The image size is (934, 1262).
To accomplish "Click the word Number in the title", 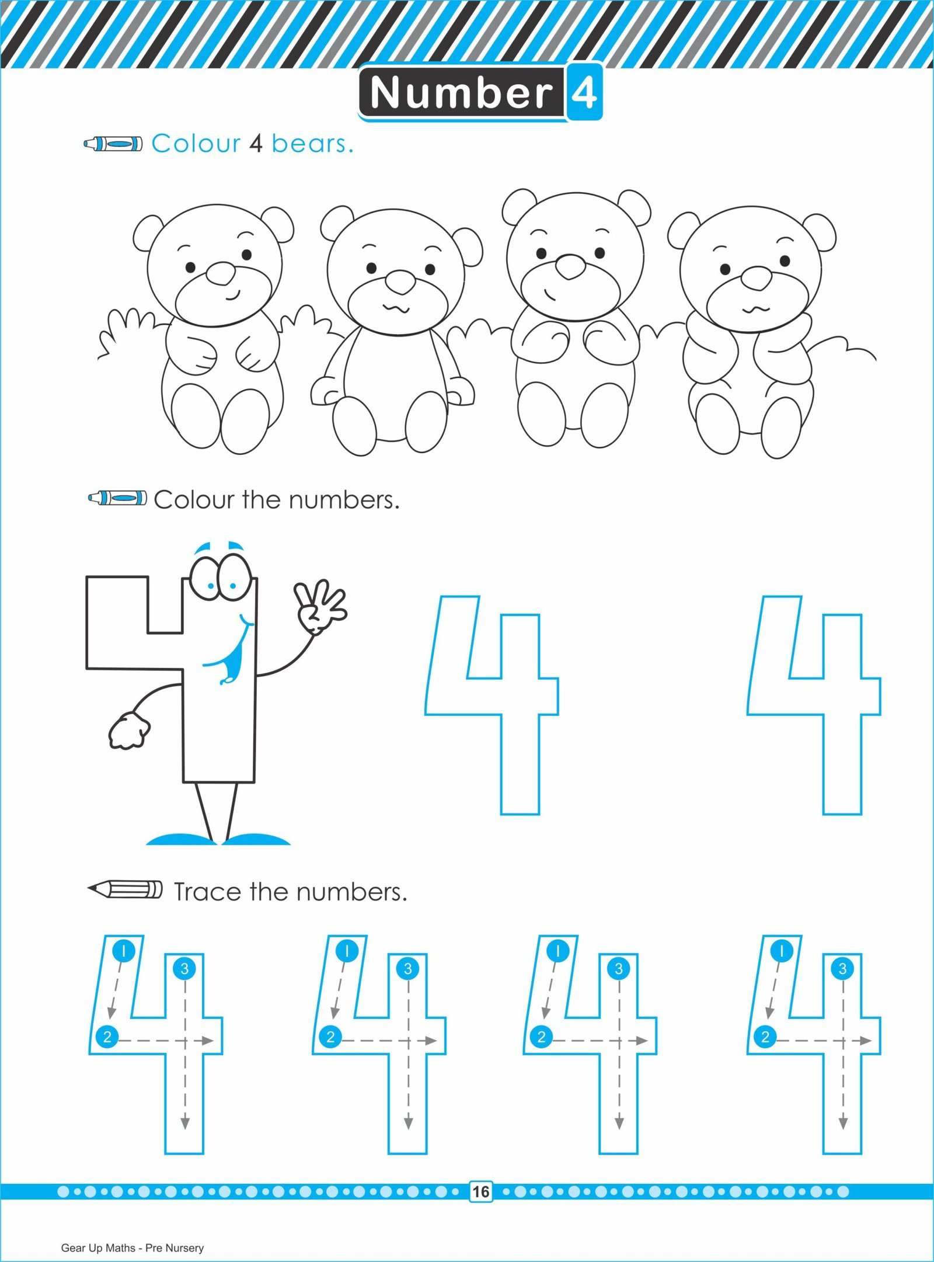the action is point(461,92).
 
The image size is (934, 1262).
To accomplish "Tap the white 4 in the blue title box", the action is point(584,92).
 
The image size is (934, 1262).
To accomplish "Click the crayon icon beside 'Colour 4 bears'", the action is point(113,143).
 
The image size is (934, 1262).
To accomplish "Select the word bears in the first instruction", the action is point(312,143).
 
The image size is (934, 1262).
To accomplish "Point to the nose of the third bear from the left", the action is point(570,266).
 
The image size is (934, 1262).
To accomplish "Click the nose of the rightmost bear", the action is point(757,278).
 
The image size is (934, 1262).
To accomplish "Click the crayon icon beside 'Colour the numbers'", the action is point(117,498).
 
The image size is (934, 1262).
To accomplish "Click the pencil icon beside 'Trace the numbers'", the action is point(125,889).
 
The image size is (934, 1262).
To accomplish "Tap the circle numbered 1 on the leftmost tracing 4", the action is point(123,950).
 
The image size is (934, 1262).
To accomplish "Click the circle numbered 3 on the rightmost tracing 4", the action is point(842,969).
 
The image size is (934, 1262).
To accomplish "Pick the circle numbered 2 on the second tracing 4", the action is point(330,1037).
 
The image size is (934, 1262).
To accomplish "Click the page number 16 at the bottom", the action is point(480,1191).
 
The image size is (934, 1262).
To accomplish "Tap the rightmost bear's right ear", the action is point(820,232).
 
